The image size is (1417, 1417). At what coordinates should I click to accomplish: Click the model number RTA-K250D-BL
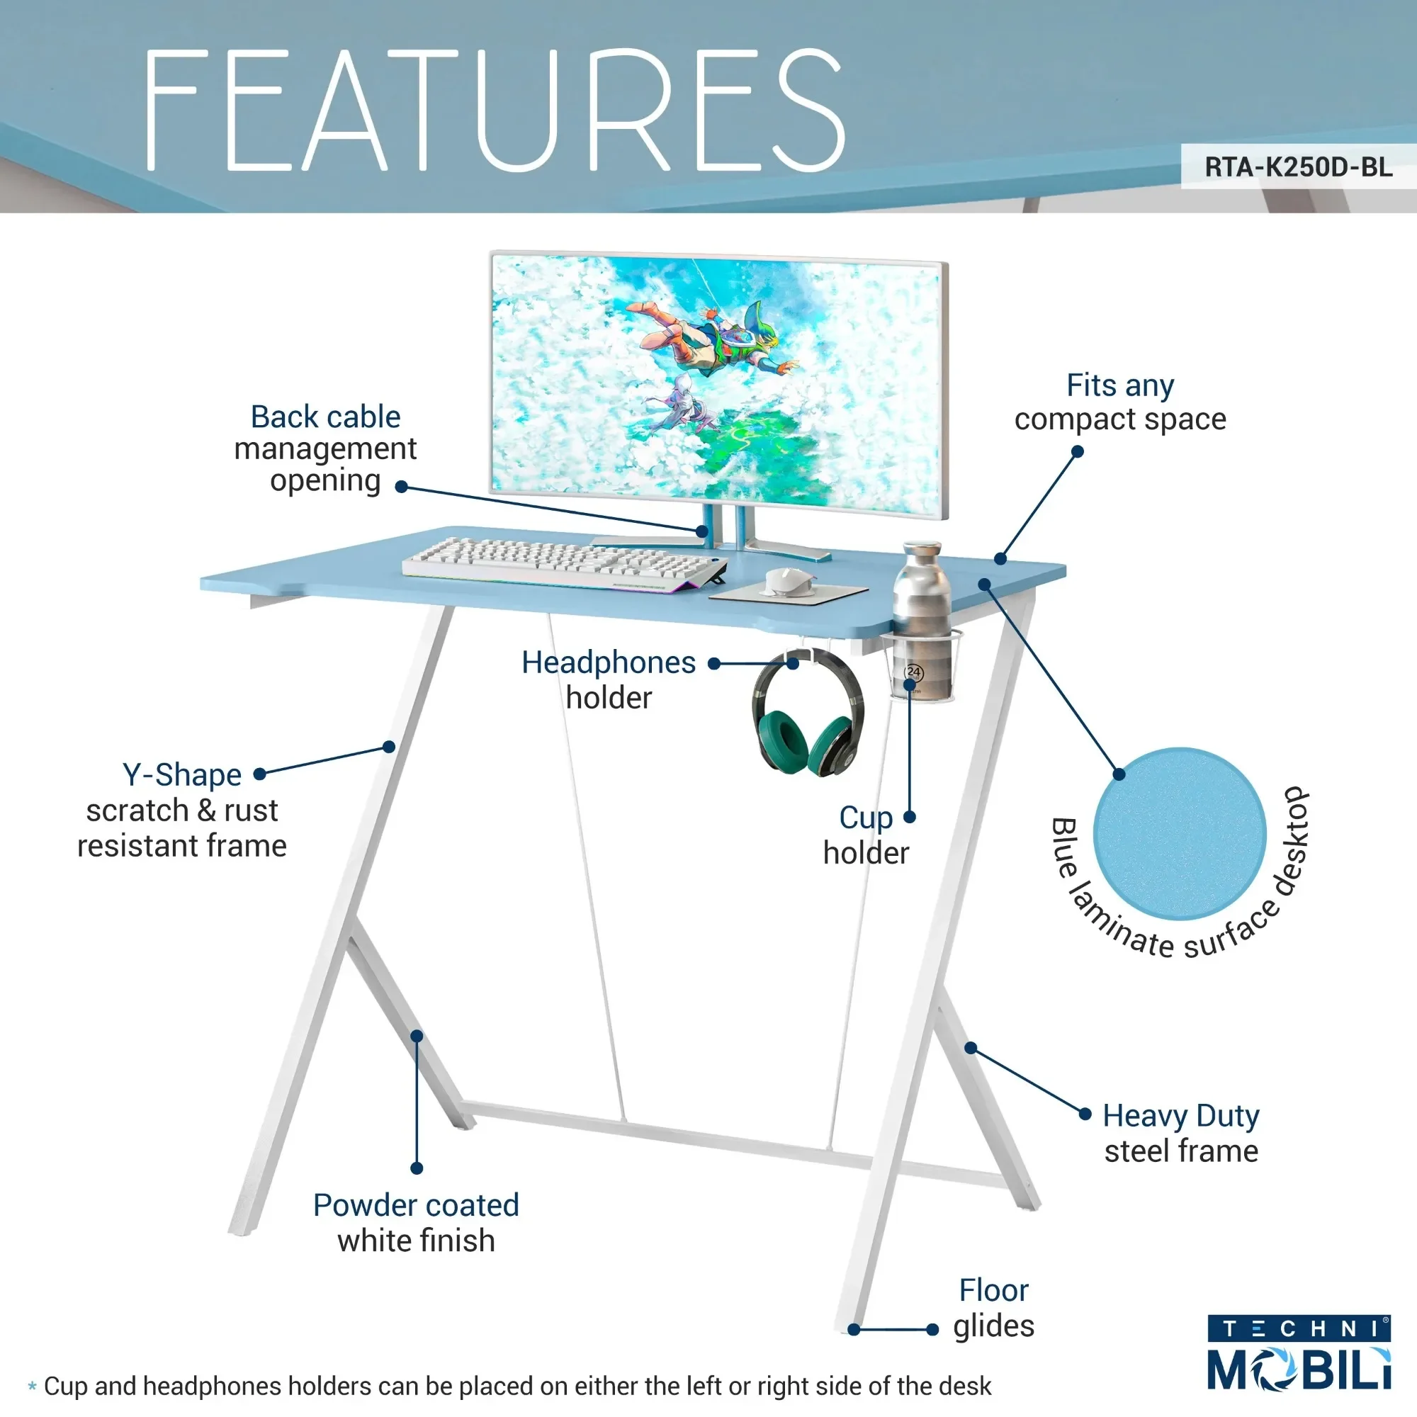(1297, 167)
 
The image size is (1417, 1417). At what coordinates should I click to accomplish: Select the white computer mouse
(788, 582)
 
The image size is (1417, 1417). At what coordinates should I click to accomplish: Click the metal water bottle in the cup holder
(922, 602)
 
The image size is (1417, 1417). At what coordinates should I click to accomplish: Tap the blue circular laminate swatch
(1180, 834)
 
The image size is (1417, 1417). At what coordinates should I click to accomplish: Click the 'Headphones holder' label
(608, 680)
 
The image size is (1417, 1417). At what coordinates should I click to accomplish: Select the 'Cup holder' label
(866, 835)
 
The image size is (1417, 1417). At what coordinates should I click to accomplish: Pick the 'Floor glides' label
(993, 1309)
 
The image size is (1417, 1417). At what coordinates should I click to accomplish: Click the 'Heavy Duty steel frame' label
(1181, 1133)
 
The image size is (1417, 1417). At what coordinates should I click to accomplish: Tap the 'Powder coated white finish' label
(416, 1223)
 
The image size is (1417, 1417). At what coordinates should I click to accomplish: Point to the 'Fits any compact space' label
(1120, 402)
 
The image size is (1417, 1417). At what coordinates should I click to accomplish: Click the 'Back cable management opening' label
(325, 448)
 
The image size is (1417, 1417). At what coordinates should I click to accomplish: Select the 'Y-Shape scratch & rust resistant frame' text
(182, 811)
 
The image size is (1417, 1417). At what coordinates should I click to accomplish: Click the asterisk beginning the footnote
(32, 1387)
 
